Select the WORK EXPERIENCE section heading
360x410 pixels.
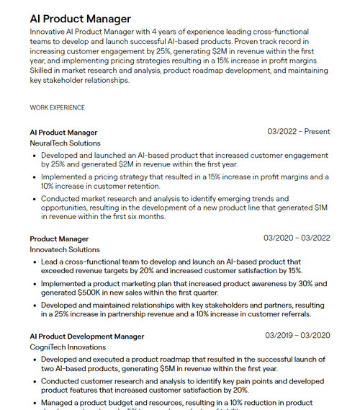[57, 107]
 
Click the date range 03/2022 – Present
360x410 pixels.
[298, 132]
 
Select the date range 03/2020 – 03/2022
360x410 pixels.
[297, 238]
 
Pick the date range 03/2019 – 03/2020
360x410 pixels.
[297, 335]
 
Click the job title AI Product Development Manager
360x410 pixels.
[87, 336]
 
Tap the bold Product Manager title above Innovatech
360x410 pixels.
[59, 239]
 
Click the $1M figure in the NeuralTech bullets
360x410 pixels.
[321, 208]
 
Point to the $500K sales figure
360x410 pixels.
[91, 293]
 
